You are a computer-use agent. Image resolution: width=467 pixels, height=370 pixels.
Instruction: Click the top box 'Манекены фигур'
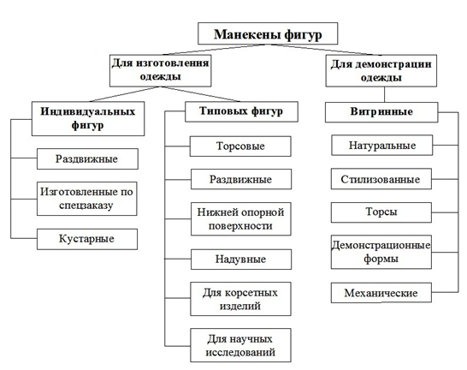268,33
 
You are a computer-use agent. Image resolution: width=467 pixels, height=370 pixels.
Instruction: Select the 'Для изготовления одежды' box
161,71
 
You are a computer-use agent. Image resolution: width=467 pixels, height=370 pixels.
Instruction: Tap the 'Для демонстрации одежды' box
381,71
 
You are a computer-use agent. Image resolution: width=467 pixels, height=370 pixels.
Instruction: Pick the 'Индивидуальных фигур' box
88,119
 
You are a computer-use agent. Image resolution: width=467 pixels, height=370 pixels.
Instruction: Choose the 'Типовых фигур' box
241,112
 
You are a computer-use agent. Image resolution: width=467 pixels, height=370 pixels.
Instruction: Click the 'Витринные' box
381,112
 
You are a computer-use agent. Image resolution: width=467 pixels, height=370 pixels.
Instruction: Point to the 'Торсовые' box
240,146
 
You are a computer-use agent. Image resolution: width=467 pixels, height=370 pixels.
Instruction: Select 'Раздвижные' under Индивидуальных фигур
87,159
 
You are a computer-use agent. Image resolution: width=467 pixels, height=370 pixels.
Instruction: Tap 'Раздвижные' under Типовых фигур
241,179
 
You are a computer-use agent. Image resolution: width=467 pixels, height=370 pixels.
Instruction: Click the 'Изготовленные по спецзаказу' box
87,199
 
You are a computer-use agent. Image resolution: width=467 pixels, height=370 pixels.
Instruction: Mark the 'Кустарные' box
87,239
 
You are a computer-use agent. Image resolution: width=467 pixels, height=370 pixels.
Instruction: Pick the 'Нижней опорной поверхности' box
241,219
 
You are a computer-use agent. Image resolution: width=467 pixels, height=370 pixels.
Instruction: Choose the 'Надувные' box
241,260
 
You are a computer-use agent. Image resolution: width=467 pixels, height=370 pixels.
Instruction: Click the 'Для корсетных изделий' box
240,299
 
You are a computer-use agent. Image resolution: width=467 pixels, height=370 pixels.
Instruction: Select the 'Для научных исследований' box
240,345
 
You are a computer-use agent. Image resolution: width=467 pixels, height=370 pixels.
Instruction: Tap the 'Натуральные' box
382,146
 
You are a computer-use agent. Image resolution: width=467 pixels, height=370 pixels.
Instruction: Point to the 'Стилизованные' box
381,179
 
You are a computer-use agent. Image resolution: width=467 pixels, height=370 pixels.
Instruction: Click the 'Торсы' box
381,212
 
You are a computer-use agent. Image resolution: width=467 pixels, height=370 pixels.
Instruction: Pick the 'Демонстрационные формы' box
381,252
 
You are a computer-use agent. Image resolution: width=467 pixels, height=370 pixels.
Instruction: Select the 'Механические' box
381,293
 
